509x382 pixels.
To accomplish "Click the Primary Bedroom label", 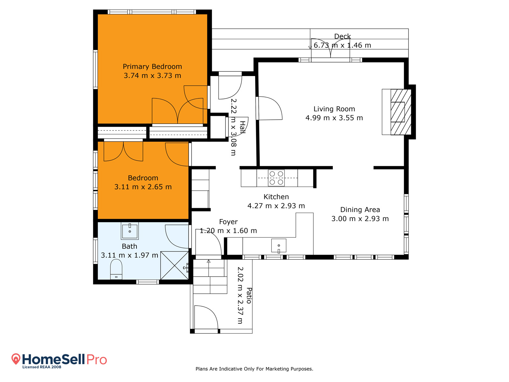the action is coord(152,67).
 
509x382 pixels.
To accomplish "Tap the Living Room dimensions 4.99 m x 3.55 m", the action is coord(334,118).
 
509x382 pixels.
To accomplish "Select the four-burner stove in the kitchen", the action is coord(276,178).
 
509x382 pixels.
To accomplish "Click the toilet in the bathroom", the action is coord(116,269).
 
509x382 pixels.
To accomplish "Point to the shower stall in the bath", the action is coord(174,265).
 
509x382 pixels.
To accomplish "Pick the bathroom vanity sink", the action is coord(129,231).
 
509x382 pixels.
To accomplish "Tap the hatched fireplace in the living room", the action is coord(401,112).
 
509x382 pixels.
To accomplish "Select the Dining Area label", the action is coord(360,210).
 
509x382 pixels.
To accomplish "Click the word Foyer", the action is coord(228,222).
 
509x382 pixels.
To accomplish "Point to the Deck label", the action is coord(342,36).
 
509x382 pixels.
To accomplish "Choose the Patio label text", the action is coord(249,296).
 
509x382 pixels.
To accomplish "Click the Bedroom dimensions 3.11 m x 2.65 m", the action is coord(143,187).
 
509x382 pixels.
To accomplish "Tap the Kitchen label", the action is coord(276,197).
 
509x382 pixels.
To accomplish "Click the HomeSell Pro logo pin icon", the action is coord(16,359).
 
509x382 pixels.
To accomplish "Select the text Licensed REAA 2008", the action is coord(42,367).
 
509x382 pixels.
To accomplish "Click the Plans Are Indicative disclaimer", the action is coord(254,369).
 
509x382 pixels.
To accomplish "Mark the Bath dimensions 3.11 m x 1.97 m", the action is coord(129,255).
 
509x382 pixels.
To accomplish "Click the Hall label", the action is coord(242,127).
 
